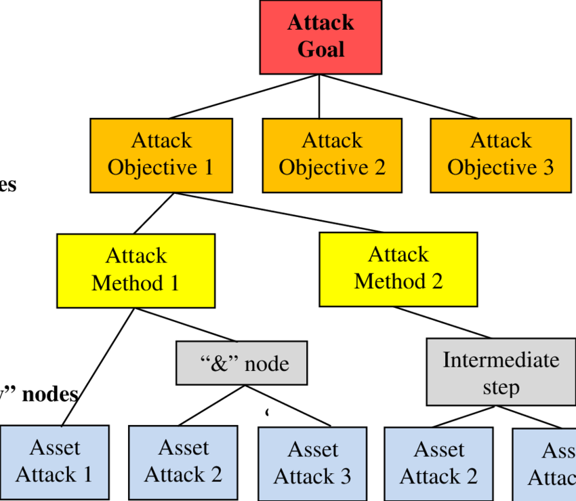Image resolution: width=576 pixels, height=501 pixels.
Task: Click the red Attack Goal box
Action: [321, 37]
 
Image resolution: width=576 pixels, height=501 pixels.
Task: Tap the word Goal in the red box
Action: [321, 50]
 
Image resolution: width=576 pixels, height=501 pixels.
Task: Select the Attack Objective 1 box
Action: [161, 155]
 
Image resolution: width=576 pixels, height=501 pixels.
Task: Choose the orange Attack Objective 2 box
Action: [332, 155]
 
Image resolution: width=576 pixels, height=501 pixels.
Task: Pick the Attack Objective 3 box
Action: [501, 155]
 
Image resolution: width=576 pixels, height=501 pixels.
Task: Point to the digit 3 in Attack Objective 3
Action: [548, 167]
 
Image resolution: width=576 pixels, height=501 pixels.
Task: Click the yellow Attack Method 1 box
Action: [136, 270]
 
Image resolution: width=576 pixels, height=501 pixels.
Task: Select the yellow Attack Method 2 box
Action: [398, 269]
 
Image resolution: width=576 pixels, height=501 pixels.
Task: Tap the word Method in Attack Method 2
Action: [390, 281]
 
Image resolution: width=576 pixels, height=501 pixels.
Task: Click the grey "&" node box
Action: [242, 363]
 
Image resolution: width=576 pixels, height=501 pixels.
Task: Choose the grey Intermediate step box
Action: [501, 373]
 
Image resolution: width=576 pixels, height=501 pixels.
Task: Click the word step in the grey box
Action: [501, 388]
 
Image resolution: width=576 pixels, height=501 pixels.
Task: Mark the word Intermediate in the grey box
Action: [501, 359]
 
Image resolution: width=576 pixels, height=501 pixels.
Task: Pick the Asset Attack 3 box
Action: [312, 464]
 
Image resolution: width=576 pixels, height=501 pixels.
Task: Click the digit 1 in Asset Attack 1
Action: [86, 475]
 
